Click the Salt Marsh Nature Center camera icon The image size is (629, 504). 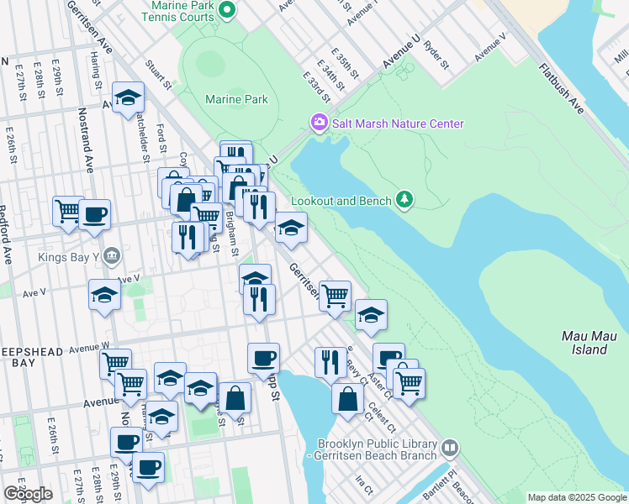[x=319, y=123]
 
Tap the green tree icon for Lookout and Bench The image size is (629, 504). [x=406, y=198]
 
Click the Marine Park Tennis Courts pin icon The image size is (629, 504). [x=225, y=10]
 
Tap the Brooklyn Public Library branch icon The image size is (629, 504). [x=451, y=449]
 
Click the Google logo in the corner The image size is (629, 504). [x=28, y=494]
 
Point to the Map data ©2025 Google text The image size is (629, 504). [x=576, y=497]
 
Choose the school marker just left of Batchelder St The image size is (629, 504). [x=127, y=97]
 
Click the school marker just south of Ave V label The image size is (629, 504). [x=104, y=295]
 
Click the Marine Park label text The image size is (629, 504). [x=236, y=99]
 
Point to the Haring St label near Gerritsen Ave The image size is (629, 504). [x=98, y=75]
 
